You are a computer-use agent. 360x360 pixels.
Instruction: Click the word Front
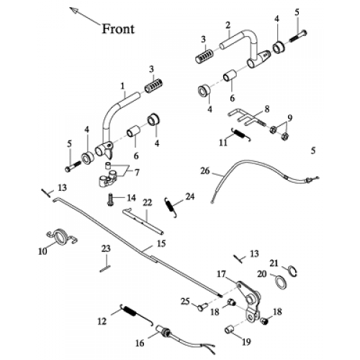tap(118, 29)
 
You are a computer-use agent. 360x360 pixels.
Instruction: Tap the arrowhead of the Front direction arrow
tap(73, 10)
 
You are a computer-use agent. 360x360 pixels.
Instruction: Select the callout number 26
tap(205, 171)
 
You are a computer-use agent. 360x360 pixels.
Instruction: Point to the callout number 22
tap(148, 202)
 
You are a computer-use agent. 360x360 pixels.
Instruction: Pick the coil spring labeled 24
tap(171, 207)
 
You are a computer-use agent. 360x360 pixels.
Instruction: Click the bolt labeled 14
tap(110, 199)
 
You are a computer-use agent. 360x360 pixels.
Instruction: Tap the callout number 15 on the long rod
tap(161, 243)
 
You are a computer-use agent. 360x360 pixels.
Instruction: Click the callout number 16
tap(140, 343)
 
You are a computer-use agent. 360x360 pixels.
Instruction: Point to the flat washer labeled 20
tap(281, 282)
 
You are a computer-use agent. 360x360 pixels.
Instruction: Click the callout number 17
tap(222, 274)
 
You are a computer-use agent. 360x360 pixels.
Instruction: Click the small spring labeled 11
tap(241, 135)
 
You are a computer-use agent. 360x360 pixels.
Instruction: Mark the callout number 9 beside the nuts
tap(290, 118)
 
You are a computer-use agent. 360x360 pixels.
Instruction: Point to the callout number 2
tap(228, 24)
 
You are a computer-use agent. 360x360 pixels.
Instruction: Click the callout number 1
tap(122, 86)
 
